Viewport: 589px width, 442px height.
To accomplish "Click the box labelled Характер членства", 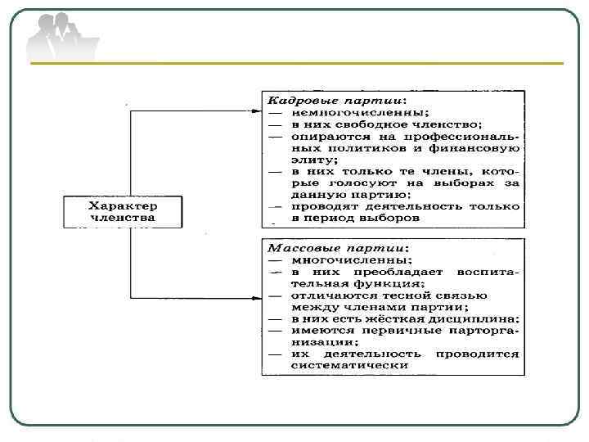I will (122, 211).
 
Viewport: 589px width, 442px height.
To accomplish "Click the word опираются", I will (331, 136).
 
